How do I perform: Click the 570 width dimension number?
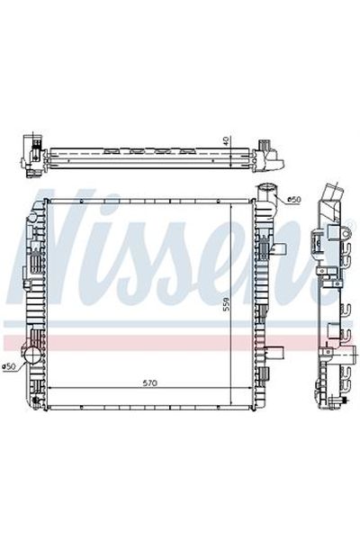coord(149,382)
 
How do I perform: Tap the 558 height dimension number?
coord(226,304)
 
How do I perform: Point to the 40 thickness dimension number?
coord(226,141)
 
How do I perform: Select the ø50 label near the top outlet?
coord(294,199)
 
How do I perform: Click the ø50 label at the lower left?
coord(9,367)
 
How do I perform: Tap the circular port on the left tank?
coord(32,355)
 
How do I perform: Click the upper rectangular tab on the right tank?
coord(280,249)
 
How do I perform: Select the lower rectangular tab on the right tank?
coord(277,352)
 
